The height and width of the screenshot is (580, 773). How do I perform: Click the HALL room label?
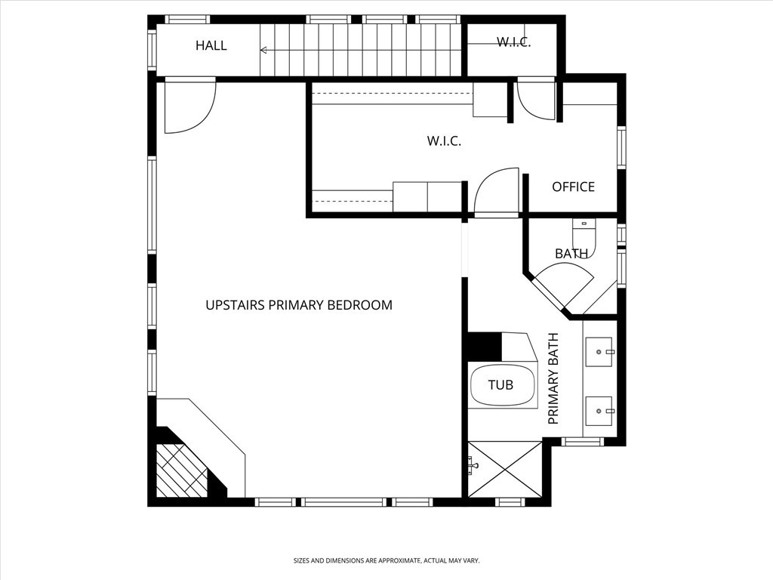(211, 45)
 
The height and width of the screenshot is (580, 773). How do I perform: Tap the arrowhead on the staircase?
(263, 50)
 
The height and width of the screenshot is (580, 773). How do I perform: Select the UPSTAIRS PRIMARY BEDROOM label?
(299, 305)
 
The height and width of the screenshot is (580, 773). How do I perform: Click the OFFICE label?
(573, 187)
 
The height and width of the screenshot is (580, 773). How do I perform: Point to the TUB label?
(500, 384)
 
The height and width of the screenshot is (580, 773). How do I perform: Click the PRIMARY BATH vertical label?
(553, 378)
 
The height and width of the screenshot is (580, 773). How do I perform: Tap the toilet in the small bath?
(584, 238)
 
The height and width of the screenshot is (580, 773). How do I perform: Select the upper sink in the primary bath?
(599, 352)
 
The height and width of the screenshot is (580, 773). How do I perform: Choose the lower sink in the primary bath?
(599, 411)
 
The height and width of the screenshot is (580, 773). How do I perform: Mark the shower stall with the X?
(504, 469)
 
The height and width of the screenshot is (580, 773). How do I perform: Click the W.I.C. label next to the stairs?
(513, 42)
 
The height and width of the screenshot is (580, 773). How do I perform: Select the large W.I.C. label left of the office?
(444, 141)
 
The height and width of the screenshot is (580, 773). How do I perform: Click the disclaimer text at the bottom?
(386, 561)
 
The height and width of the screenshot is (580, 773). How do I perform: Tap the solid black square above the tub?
(485, 347)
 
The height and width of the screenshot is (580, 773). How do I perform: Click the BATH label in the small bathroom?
(571, 254)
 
